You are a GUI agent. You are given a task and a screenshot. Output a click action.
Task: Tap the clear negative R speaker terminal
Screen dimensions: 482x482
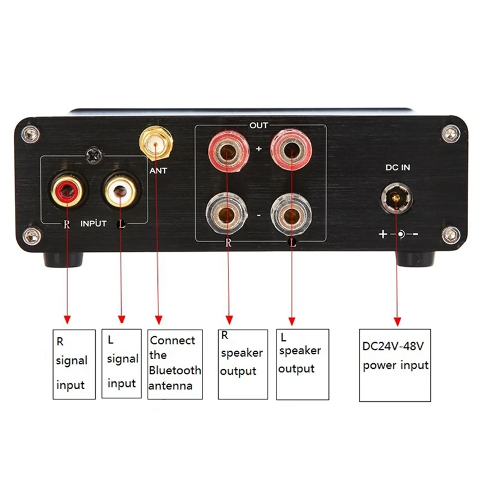point(227,214)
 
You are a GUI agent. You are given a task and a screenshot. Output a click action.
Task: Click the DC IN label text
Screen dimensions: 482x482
point(397,167)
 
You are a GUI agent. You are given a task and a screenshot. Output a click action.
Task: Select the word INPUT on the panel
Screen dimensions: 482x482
point(93,224)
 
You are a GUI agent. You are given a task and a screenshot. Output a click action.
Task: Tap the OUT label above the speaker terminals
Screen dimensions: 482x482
point(259,125)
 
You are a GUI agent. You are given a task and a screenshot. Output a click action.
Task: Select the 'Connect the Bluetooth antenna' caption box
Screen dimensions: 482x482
point(175,363)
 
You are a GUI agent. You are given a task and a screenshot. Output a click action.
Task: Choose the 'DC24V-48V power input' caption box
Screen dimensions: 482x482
point(395,365)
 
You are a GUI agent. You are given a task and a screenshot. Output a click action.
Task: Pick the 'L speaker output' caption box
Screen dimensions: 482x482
point(302,364)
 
